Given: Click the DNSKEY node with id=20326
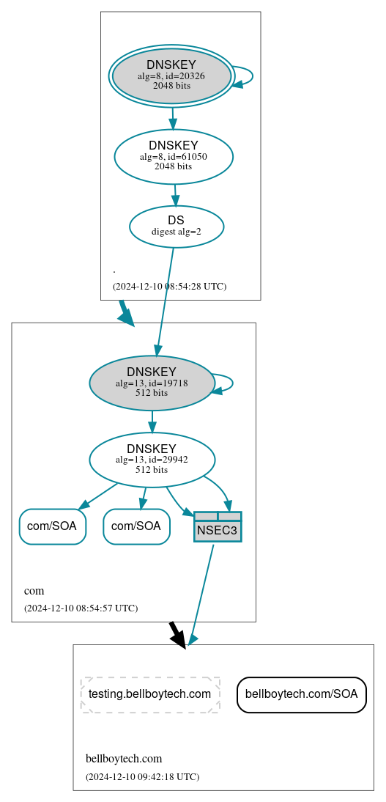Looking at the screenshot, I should (x=171, y=76).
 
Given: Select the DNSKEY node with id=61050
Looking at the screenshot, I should (x=174, y=156).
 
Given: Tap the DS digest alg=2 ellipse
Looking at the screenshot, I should (x=177, y=226).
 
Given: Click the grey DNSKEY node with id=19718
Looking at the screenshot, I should (x=152, y=383).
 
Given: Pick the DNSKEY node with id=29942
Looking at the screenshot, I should (x=152, y=460).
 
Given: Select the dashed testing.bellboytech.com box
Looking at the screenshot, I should (x=150, y=694).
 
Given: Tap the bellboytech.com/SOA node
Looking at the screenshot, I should (x=301, y=694).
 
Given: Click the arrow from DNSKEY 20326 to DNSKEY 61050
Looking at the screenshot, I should (x=172, y=118).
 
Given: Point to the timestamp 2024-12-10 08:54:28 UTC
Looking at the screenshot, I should (x=169, y=287).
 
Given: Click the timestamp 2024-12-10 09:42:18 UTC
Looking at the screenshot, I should (x=142, y=776).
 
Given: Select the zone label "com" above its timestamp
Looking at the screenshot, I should (x=34, y=591).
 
